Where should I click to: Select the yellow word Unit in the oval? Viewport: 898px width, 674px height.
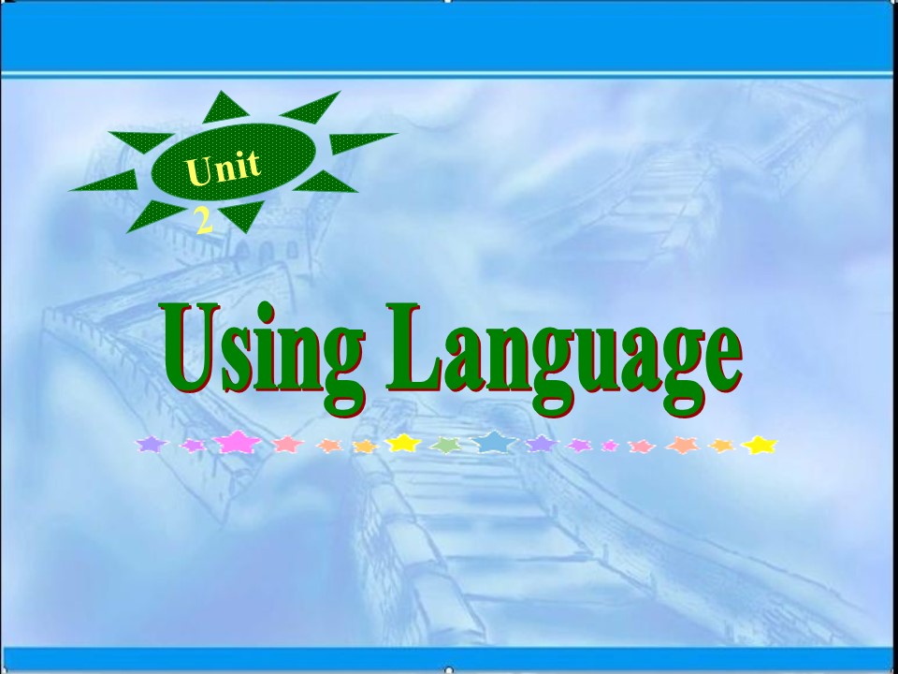coord(222,168)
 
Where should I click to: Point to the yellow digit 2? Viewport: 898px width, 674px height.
coord(202,221)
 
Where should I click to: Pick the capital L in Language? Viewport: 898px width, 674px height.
coord(413,346)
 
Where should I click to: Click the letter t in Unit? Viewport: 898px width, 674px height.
coord(250,162)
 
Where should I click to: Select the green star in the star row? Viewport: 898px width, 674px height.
coord(448,446)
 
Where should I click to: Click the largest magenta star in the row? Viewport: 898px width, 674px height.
coord(238,442)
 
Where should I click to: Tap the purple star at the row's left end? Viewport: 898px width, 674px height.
coord(149,444)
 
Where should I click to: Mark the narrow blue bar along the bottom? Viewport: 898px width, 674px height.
coord(449,658)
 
